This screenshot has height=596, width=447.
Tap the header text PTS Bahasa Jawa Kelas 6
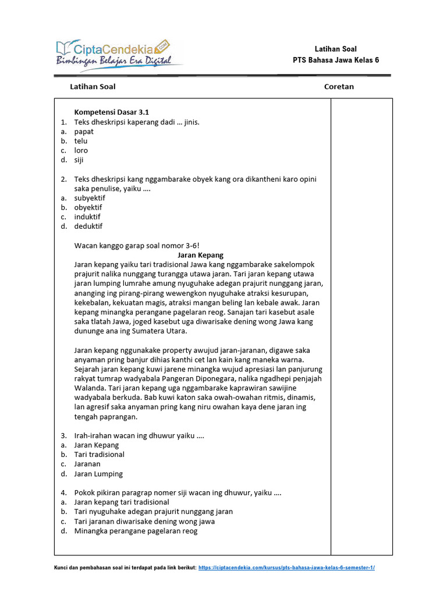336,60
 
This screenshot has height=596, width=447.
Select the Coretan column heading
339,87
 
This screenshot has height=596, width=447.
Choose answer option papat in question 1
84,132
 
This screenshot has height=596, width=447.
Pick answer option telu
81,141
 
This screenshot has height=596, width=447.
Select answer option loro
81,150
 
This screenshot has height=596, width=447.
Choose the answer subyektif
90,198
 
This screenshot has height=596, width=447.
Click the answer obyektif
88,207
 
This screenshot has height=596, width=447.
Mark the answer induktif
87,217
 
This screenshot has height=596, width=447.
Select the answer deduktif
88,226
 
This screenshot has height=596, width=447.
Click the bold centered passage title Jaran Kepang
200,255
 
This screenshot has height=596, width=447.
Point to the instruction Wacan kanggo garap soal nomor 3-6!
137,245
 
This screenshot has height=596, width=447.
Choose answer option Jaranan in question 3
87,464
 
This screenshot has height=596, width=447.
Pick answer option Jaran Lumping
98,474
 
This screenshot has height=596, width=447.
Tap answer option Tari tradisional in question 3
99,455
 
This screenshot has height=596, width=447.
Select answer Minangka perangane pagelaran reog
136,531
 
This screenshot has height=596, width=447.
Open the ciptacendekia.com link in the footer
286,567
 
